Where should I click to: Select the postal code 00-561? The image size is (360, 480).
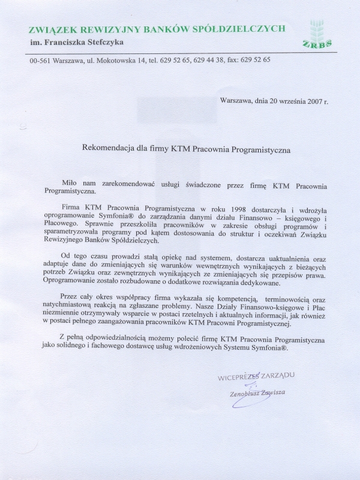[x=40, y=60]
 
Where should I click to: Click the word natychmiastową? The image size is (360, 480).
[x=70, y=307]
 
